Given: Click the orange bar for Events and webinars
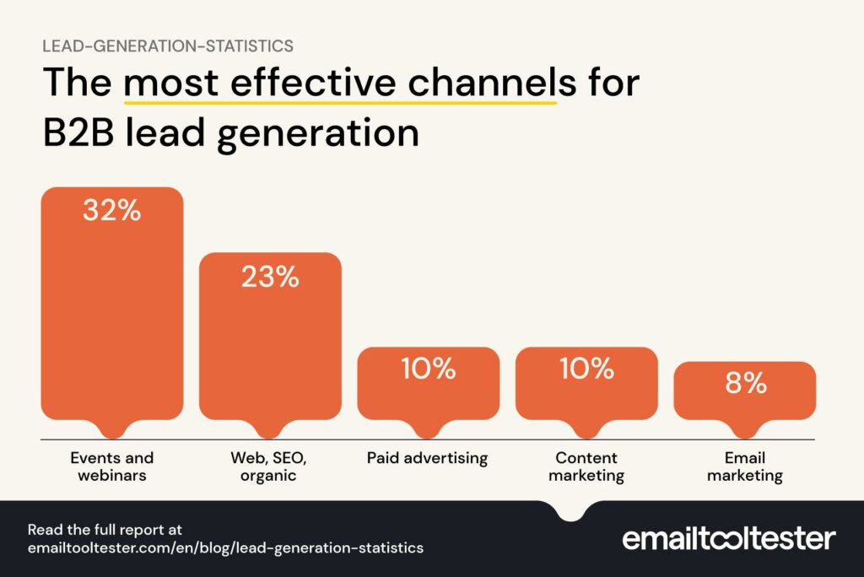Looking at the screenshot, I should pos(112,312).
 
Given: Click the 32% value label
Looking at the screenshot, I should pos(111,211).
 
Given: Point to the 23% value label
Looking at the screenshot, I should pos(270,278).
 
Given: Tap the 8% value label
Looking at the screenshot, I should pos(745,384).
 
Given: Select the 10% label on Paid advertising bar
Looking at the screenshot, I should pos(428,369).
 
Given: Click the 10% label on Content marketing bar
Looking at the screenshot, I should pos(586,369).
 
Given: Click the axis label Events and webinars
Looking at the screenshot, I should pos(112,466).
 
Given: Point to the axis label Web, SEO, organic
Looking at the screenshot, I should pos(270,466).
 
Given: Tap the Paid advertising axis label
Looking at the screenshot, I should pos(428,458).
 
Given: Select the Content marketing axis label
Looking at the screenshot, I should pos(586,466).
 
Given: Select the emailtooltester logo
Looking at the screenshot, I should pos(729,538).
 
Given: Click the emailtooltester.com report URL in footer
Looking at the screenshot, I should pos(225,547).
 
